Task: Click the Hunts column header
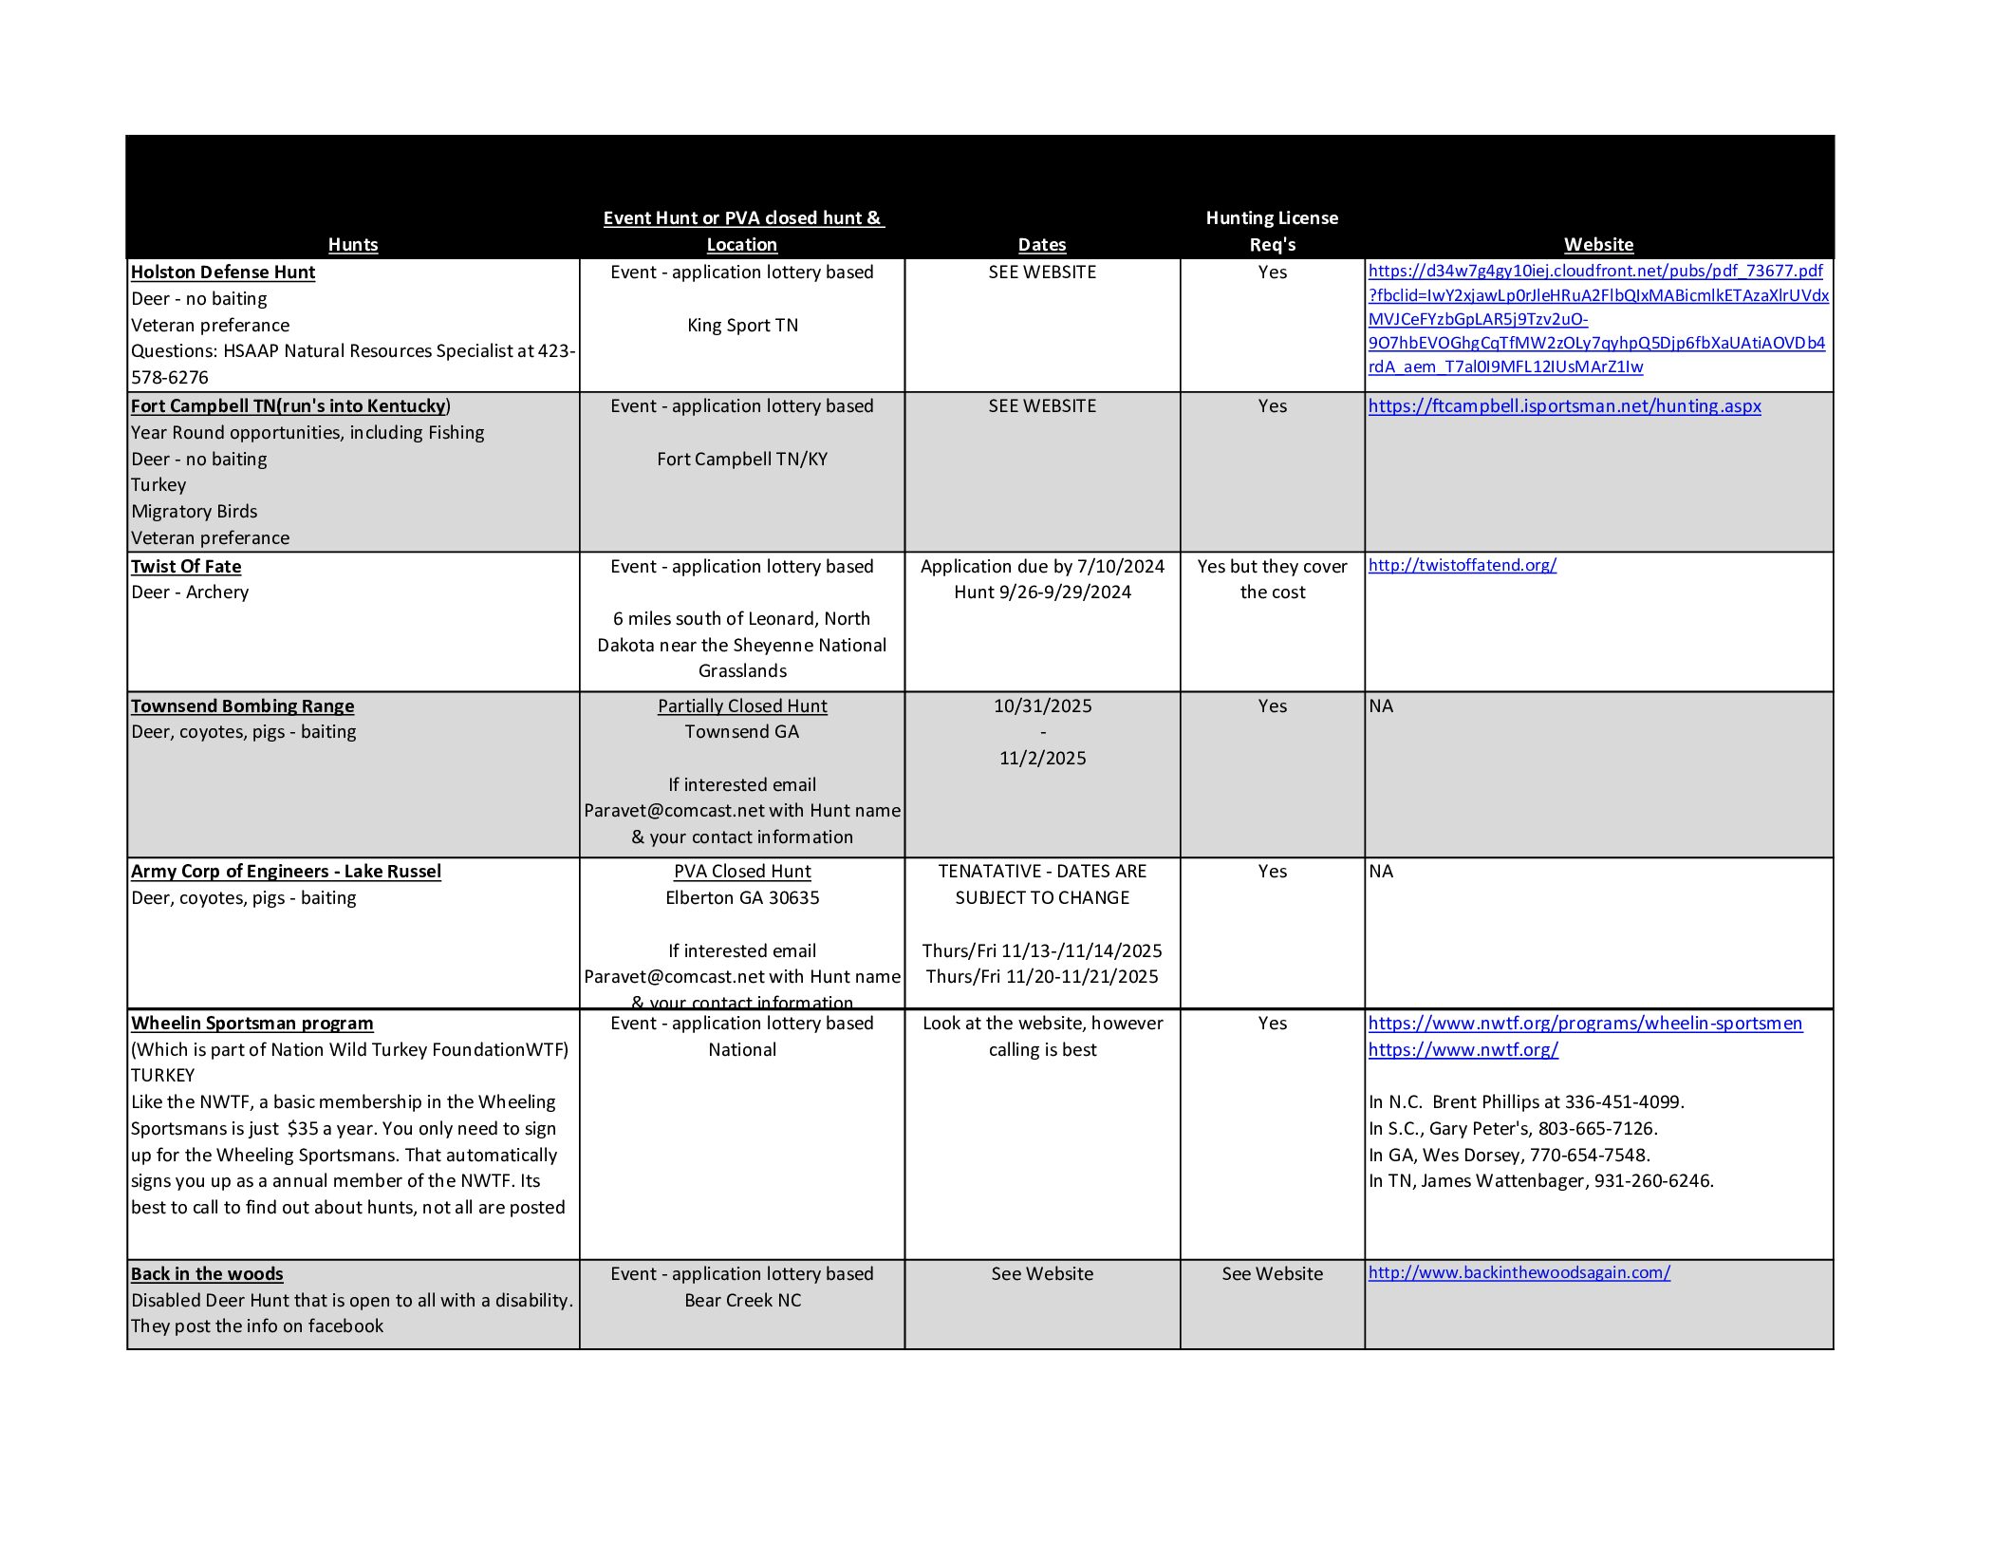(x=353, y=245)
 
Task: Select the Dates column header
(x=1041, y=245)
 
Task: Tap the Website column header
(x=1598, y=245)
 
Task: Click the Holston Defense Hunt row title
(x=223, y=273)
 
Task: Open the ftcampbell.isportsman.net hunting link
(x=1564, y=406)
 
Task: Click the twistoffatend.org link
(x=1462, y=565)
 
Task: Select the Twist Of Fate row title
(x=186, y=567)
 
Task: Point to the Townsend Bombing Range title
(x=242, y=706)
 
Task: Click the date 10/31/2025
(x=1042, y=706)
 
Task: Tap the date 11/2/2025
(x=1042, y=759)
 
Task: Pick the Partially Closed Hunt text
(x=742, y=706)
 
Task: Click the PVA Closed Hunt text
(x=742, y=872)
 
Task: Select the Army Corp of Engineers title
(x=286, y=872)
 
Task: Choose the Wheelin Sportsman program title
(x=252, y=1024)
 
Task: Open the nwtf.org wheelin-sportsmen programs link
(x=1585, y=1024)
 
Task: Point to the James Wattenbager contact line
(x=1540, y=1181)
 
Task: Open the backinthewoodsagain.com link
(x=1519, y=1272)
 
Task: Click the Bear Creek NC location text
(x=742, y=1301)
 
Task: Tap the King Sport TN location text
(x=742, y=326)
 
